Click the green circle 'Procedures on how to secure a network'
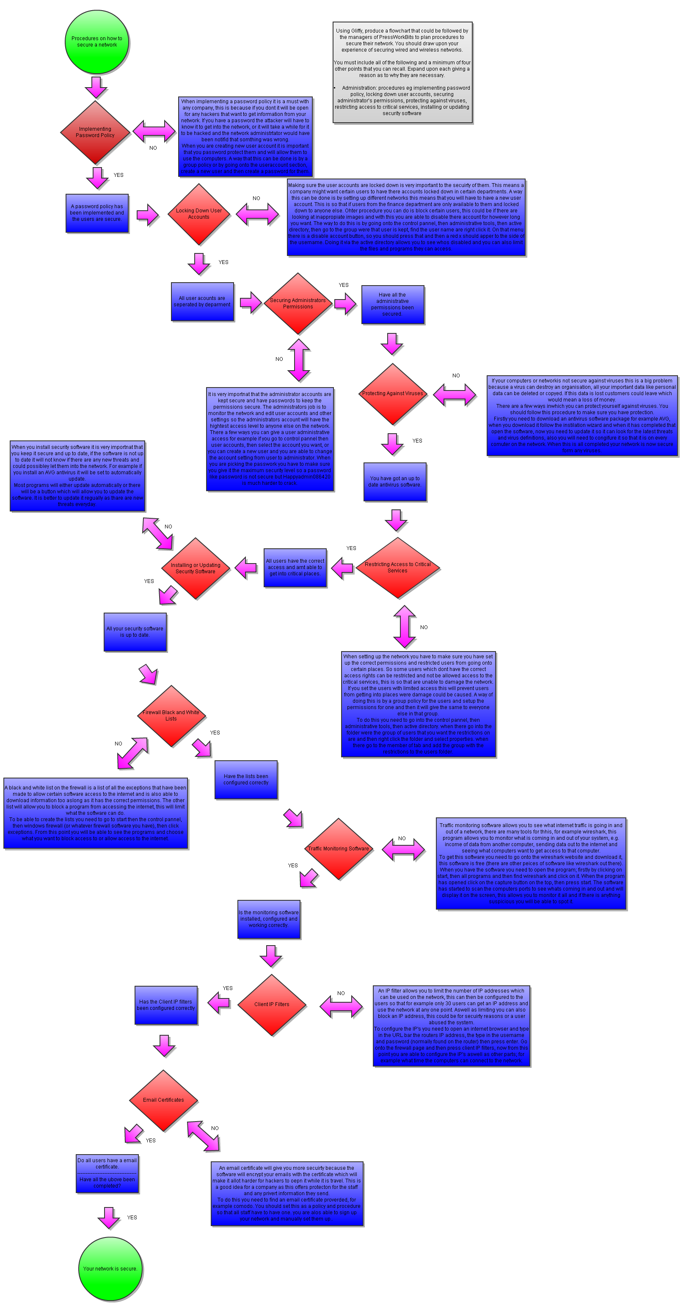click(96, 41)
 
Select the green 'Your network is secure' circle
click(110, 1268)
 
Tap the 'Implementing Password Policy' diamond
click(95, 132)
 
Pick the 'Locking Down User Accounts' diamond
click(198, 214)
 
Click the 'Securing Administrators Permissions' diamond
click(298, 303)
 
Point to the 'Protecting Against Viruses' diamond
click(392, 394)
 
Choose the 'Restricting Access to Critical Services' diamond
click(397, 568)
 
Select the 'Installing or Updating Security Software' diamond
click(196, 568)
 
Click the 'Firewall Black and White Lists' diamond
click(171, 715)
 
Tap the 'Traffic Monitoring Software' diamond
click(339, 849)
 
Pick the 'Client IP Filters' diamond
click(272, 1005)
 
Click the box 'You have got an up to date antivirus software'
click(395, 482)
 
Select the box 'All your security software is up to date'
click(135, 632)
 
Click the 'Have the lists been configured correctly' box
click(246, 779)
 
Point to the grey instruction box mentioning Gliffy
click(402, 72)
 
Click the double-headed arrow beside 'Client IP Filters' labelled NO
click(342, 1005)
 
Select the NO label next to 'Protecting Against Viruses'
click(456, 376)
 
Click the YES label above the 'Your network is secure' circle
click(132, 1218)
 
